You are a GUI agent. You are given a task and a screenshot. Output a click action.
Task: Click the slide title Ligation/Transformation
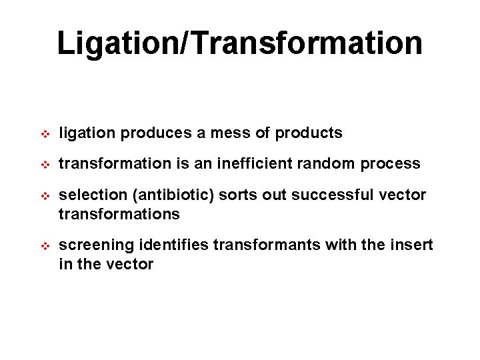(x=239, y=43)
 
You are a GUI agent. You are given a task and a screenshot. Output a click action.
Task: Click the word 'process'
(x=393, y=164)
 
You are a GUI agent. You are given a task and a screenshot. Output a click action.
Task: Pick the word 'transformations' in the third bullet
(x=119, y=214)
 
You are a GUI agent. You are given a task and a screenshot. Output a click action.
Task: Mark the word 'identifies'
(x=169, y=245)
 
